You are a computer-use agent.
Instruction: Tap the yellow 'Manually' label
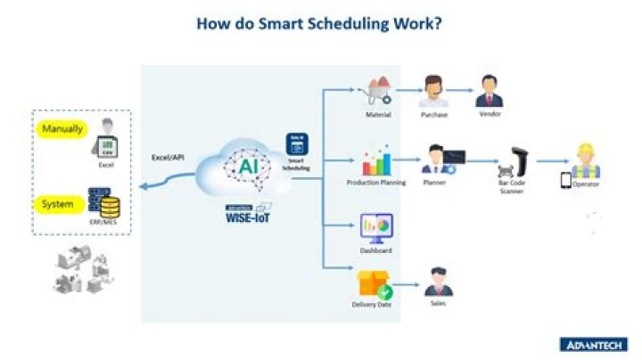62,128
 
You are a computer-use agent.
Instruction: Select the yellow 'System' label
58,204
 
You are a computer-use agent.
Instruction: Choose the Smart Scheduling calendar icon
297,144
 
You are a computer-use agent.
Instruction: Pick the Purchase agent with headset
434,91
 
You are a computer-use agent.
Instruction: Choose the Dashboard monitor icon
376,228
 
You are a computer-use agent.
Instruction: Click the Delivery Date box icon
373,283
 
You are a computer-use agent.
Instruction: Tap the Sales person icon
436,283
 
